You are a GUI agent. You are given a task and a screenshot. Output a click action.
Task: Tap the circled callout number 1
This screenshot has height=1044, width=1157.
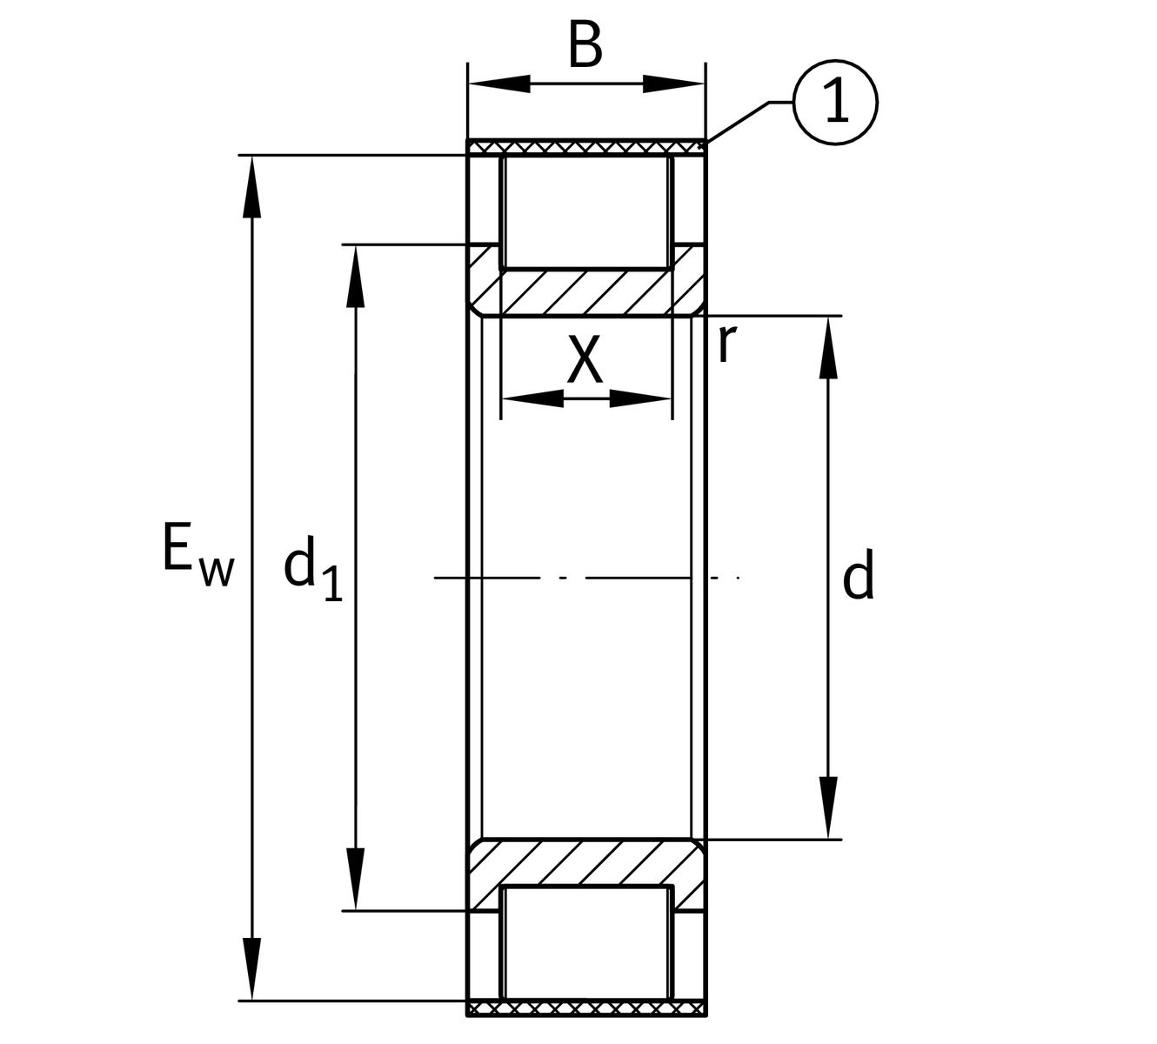(836, 103)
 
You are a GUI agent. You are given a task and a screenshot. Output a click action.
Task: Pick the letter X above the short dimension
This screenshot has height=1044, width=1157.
(585, 360)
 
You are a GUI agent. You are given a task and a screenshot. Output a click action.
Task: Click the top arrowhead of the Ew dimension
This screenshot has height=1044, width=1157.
(252, 186)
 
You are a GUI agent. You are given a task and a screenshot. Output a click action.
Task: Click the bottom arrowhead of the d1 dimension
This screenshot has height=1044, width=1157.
(354, 879)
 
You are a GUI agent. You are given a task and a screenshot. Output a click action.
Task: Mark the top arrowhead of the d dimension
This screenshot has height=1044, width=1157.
(828, 347)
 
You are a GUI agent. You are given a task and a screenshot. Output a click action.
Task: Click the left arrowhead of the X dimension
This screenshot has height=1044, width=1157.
(532, 399)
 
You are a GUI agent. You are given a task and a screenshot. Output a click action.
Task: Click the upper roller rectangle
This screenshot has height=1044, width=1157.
(586, 211)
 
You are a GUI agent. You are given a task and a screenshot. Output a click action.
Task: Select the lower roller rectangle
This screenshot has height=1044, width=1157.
(586, 943)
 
